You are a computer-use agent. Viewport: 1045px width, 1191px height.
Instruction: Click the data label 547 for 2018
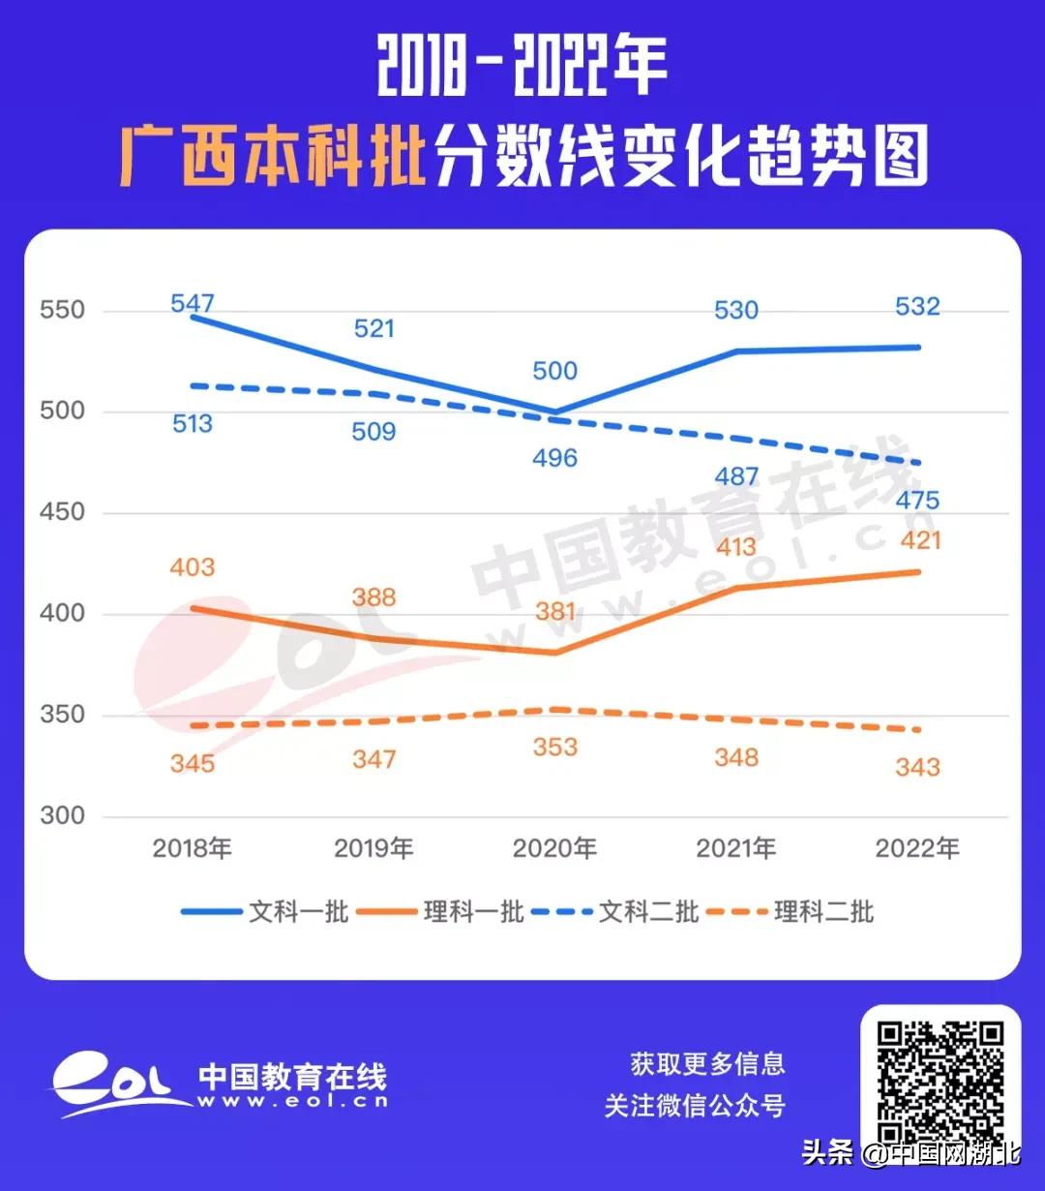[x=192, y=303]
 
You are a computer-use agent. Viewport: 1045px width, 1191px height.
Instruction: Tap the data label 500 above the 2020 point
[x=554, y=371]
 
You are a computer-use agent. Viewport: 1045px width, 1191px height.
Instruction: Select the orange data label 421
[x=919, y=540]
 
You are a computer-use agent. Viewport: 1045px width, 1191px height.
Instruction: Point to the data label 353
[x=554, y=748]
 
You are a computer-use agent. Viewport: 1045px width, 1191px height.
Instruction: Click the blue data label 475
[x=917, y=501]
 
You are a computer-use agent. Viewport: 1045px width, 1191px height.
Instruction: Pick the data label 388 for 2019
[x=373, y=597]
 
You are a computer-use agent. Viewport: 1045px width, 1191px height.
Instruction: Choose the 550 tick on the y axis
[x=63, y=311]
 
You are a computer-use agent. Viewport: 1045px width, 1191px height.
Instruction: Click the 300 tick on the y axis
[x=63, y=816]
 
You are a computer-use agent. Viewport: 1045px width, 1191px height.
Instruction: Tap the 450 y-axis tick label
[x=63, y=513]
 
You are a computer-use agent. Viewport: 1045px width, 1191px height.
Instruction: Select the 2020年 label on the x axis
[x=554, y=849]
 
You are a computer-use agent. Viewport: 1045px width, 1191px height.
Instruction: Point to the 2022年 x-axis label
[x=917, y=849]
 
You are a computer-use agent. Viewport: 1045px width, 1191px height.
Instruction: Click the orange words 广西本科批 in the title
[x=274, y=155]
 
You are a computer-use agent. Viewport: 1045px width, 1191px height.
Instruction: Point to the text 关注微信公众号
[x=695, y=1106]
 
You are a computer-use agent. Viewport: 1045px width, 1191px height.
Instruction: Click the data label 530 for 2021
[x=735, y=311]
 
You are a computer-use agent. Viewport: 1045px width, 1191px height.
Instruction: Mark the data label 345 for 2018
[x=192, y=764]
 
